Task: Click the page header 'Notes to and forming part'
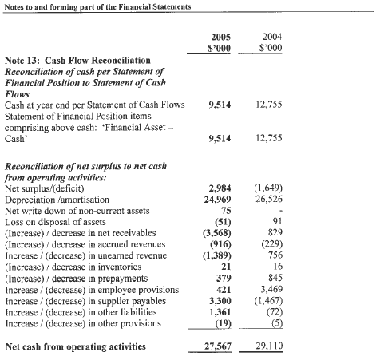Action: click(96, 6)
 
